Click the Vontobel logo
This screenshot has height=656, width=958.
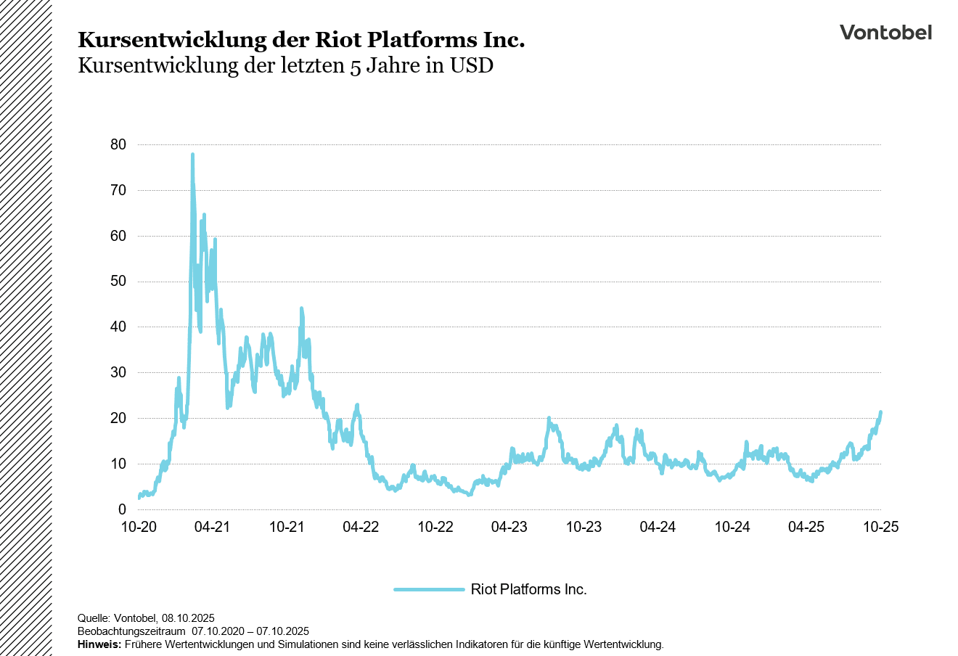(885, 33)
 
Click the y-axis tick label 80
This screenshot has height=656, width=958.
(118, 144)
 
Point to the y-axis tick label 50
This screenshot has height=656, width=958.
(118, 282)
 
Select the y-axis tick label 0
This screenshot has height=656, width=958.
(122, 509)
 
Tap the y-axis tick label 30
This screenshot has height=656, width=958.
(118, 372)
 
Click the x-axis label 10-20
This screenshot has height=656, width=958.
(138, 528)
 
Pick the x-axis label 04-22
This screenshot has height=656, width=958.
(361, 528)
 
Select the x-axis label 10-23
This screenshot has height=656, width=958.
(584, 528)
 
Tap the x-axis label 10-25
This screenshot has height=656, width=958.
(880, 528)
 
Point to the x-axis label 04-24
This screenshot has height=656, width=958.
(658, 528)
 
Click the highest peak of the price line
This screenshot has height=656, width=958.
(192, 155)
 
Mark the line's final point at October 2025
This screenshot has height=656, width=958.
(880, 412)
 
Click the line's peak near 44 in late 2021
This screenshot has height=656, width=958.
(301, 309)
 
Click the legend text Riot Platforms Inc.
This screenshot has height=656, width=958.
(528, 589)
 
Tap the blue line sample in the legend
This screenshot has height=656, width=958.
(429, 589)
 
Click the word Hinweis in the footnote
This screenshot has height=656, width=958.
(99, 644)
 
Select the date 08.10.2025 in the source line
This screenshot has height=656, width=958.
(188, 618)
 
